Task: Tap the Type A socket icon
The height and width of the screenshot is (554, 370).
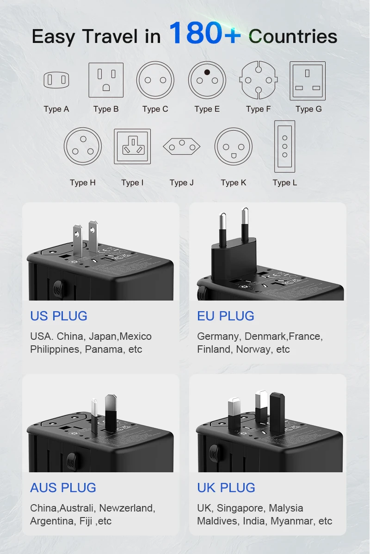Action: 56,80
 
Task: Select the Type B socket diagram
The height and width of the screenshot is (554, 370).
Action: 106,80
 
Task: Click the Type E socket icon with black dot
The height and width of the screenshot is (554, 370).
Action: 207,80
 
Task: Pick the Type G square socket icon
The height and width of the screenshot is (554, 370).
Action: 308,81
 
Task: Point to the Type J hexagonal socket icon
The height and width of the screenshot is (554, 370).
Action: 182,147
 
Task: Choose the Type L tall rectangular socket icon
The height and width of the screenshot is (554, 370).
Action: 284,146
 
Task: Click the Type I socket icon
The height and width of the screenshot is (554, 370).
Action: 132,146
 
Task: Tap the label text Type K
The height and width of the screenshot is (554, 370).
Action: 234,183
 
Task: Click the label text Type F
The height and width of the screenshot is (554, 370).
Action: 258,109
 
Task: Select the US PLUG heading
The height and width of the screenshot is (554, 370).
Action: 59,316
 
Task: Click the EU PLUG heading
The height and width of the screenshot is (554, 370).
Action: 226,316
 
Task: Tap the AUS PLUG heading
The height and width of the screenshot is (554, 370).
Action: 63,488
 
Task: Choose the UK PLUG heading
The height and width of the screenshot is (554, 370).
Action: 226,488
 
